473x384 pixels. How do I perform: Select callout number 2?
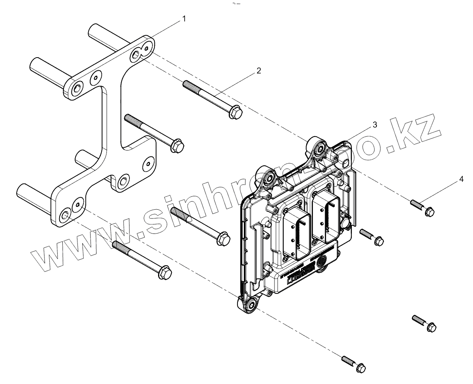(259, 71)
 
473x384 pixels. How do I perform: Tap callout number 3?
(375, 125)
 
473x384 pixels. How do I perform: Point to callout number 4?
(461, 179)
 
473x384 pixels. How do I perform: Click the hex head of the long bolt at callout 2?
(236, 112)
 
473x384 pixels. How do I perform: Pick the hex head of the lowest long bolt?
(164, 272)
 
